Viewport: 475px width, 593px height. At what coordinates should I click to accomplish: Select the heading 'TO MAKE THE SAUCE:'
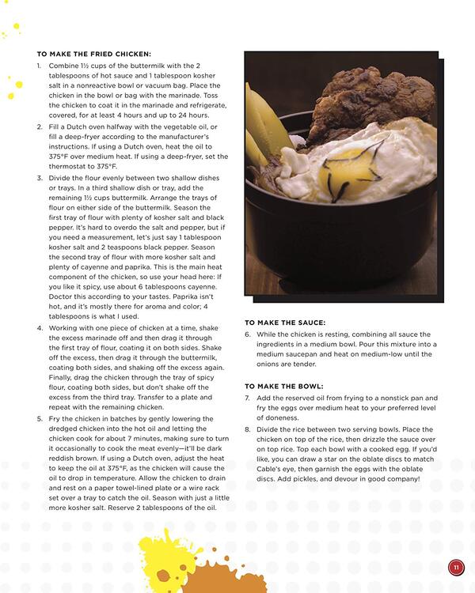pyautogui.click(x=284, y=323)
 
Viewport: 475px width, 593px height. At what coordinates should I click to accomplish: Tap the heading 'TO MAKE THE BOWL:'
pyautogui.click(x=283, y=386)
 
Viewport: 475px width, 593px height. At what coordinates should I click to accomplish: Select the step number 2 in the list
pyautogui.click(x=39, y=127)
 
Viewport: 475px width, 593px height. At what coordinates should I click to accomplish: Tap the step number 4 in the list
pyautogui.click(x=39, y=327)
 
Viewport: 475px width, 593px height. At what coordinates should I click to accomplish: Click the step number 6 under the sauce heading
pyautogui.click(x=248, y=334)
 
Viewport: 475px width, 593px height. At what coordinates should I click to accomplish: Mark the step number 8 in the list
pyautogui.click(x=248, y=428)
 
